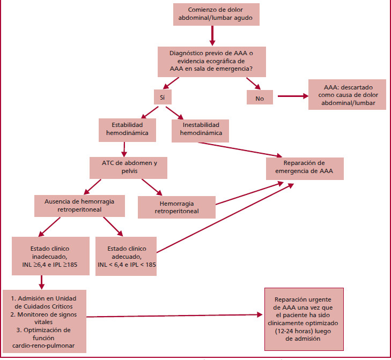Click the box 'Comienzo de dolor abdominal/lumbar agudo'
click(216, 14)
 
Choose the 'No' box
click(260, 97)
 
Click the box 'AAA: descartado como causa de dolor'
click(347, 94)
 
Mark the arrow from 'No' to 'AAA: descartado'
click(290, 97)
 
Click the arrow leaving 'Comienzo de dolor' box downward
click(212, 35)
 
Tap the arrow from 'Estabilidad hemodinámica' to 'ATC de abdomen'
click(124, 148)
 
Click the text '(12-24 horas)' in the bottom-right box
click(304, 331)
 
